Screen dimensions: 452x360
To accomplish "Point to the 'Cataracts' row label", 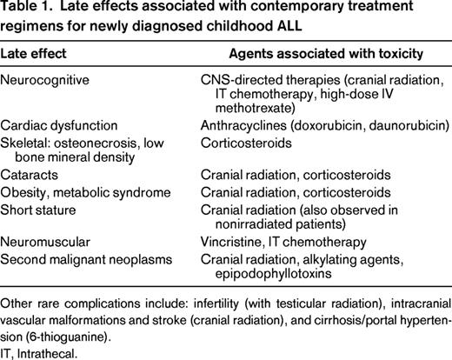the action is (x=30, y=174).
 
